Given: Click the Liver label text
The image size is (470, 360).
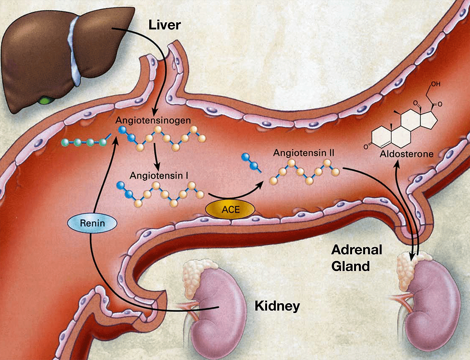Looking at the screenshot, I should (164, 25).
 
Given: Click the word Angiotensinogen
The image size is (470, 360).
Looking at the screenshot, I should (154, 120).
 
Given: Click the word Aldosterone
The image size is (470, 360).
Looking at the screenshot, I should (407, 154).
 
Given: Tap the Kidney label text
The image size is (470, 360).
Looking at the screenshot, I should (277, 306).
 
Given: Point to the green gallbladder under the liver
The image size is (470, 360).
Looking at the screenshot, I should (47, 100).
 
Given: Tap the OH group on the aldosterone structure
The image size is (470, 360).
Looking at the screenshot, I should (435, 84).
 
